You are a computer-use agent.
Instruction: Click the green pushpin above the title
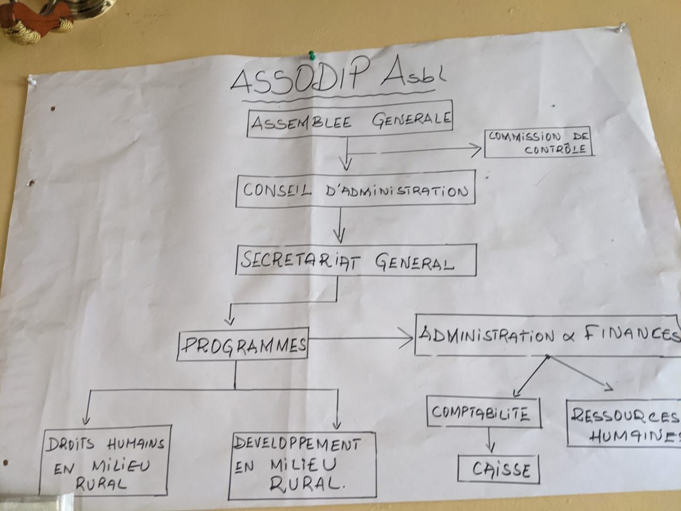pyautogui.click(x=312, y=54)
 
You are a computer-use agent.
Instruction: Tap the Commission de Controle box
pyautogui.click(x=538, y=143)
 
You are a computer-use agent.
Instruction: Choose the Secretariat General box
pyautogui.click(x=355, y=260)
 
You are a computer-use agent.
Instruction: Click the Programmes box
pyautogui.click(x=243, y=345)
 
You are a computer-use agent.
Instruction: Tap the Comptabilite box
pyautogui.click(x=483, y=413)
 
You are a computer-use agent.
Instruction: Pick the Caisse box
pyautogui.click(x=499, y=469)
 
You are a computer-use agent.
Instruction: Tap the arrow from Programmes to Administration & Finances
pyautogui.click(x=362, y=338)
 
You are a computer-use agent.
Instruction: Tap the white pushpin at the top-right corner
pyautogui.click(x=621, y=26)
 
